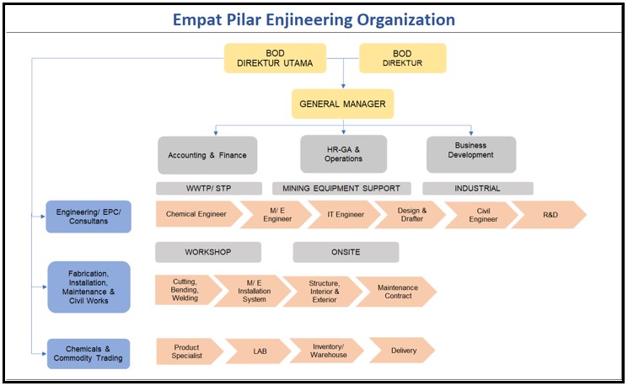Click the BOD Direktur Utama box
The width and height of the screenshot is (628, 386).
point(275,58)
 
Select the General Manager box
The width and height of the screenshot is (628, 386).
point(343,105)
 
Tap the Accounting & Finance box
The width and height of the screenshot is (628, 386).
point(207,155)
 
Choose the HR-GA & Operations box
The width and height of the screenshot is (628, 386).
point(343,154)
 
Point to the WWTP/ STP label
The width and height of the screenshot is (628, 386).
point(211,188)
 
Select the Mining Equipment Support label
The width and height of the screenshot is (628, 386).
point(342,188)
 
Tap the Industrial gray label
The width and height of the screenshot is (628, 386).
point(477,188)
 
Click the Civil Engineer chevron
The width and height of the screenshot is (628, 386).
point(482,214)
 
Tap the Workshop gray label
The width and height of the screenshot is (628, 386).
point(208,252)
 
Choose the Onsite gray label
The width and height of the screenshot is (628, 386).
point(346,252)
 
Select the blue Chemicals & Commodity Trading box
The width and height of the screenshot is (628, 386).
point(89,354)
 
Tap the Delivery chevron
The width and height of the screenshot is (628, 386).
point(402,351)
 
